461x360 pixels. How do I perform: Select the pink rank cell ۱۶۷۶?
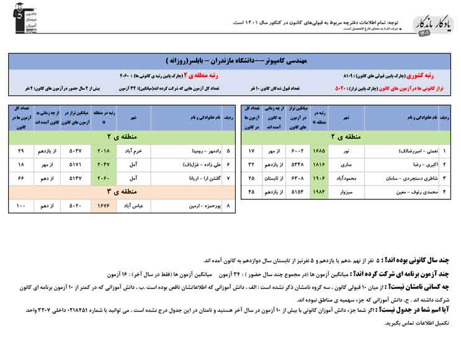point(102,205)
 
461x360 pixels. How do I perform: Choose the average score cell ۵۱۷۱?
point(76,164)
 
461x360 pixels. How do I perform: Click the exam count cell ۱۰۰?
point(21,205)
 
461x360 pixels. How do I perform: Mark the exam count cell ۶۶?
point(21,179)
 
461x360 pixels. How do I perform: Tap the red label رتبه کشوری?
point(435,76)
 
